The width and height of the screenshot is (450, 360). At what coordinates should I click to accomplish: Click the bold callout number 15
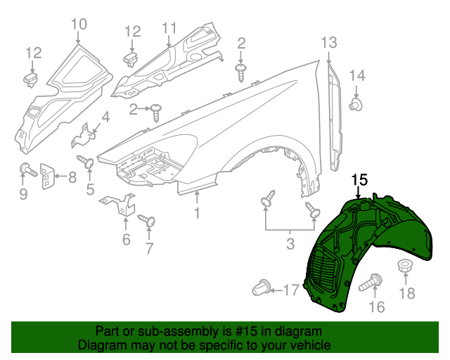pos(359,180)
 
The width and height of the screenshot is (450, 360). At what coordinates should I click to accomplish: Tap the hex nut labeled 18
pos(405,266)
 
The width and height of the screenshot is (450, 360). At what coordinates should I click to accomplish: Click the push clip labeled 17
pos(262,287)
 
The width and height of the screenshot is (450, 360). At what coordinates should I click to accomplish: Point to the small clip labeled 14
pos(356,104)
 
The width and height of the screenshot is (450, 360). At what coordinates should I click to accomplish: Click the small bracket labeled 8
pos(46,176)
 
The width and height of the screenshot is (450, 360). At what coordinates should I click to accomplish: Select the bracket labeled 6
pos(119,204)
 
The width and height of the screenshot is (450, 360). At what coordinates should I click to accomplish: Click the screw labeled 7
pos(147,221)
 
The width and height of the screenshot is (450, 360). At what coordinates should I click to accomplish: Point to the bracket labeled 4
pos(84,135)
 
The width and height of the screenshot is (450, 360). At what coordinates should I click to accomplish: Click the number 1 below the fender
pos(197,213)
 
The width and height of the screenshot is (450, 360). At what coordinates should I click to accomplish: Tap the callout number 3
pos(290,244)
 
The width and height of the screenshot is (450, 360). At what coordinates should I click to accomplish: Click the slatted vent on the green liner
pos(323,270)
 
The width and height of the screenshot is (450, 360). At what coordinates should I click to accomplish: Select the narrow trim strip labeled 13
pos(335,117)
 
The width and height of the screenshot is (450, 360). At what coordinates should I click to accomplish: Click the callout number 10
pos(79,24)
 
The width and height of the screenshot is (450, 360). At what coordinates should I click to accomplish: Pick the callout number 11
pos(169,28)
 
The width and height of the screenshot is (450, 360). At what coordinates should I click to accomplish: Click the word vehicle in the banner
pos(312,345)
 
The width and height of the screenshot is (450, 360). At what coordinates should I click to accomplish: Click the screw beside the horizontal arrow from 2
pos(156,112)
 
